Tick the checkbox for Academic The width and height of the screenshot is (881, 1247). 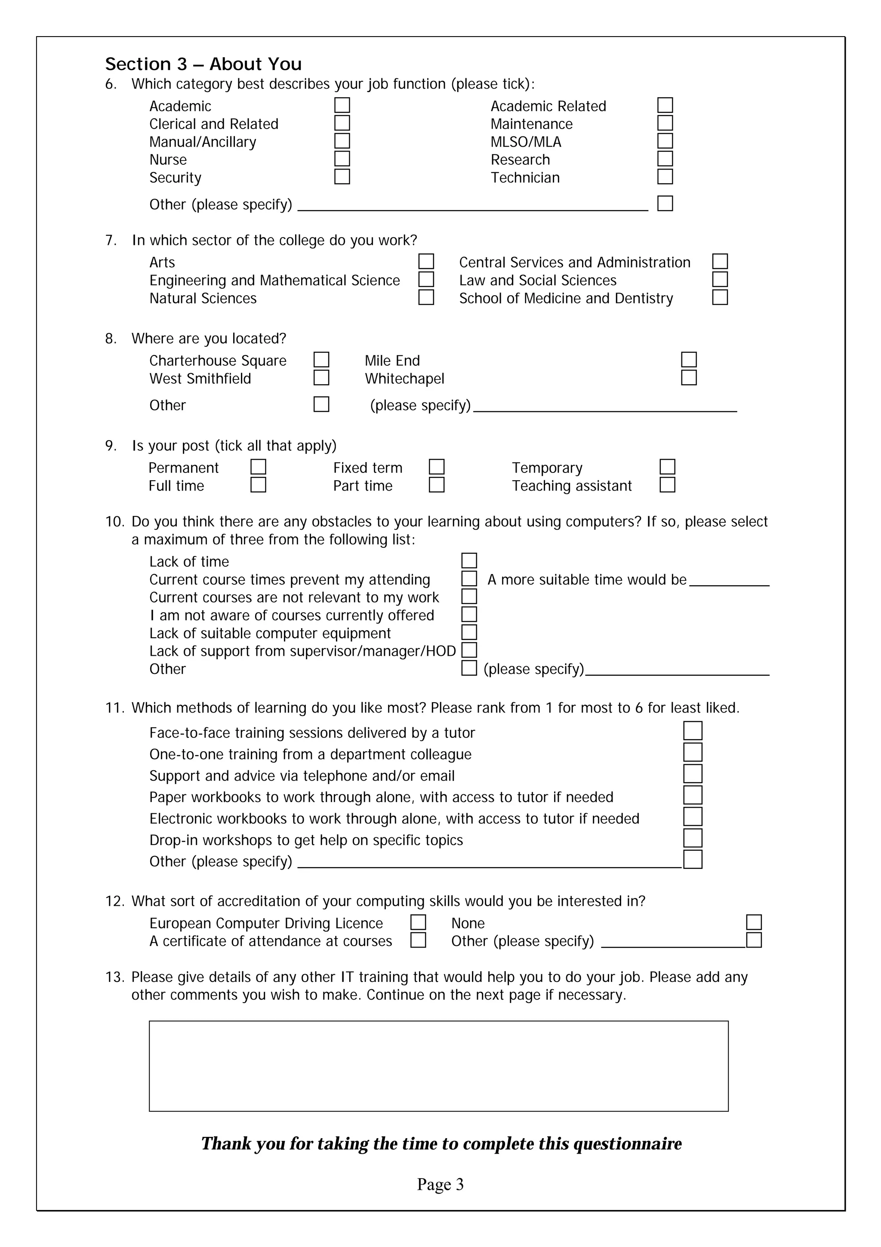tap(342, 105)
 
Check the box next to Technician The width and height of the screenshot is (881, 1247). tap(665, 176)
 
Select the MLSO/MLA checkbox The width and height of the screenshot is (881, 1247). tap(665, 141)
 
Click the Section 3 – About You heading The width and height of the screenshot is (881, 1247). tap(203, 64)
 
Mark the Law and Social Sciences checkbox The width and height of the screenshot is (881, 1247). tap(720, 279)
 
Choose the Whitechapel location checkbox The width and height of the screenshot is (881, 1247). tap(689, 377)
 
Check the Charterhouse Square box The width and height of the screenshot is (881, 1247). tap(321, 360)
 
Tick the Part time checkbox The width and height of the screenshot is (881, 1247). tap(437, 485)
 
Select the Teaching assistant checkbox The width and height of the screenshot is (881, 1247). tap(667, 485)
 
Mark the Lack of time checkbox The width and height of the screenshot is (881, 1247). tap(469, 561)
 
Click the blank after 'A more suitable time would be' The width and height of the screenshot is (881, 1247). tap(729, 580)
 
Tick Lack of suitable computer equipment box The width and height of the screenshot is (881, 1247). tap(469, 632)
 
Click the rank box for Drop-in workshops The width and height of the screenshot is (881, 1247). tap(693, 838)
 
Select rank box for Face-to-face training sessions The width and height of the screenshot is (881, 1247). tap(693, 731)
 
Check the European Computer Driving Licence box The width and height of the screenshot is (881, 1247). tap(418, 922)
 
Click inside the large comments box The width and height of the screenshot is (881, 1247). tap(439, 1065)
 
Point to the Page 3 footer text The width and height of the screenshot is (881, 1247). tap(440, 1184)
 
